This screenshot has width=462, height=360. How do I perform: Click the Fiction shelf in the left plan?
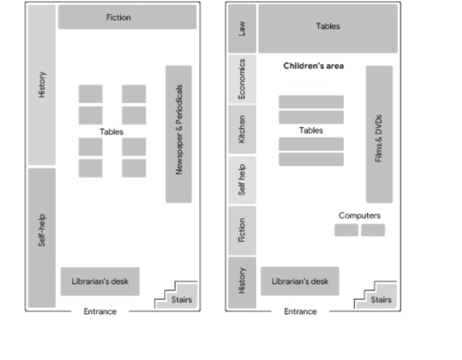tap(126, 17)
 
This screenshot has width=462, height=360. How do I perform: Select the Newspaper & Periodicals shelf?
tap(179, 134)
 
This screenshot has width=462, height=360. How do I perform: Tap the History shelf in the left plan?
tap(42, 85)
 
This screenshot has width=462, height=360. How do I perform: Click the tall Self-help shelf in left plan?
tap(42, 236)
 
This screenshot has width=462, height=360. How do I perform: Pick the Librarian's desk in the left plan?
tap(99, 282)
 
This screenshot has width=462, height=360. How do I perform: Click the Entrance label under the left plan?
tap(99, 312)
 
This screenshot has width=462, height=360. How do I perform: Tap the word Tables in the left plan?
tap(112, 132)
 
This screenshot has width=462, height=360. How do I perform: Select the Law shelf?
tap(242, 28)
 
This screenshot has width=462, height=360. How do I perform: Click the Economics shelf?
tap(242, 78)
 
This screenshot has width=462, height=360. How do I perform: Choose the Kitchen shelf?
tap(242, 129)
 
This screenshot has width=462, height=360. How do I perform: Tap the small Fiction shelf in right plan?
tap(242, 230)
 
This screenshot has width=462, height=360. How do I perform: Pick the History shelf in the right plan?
tap(242, 282)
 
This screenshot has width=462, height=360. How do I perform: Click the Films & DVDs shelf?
tap(379, 134)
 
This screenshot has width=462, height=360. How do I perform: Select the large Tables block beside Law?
tap(328, 28)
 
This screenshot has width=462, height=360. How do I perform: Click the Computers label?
tap(359, 217)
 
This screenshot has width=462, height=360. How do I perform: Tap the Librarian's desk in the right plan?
tap(300, 282)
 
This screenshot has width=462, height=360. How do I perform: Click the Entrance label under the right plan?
tap(300, 312)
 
